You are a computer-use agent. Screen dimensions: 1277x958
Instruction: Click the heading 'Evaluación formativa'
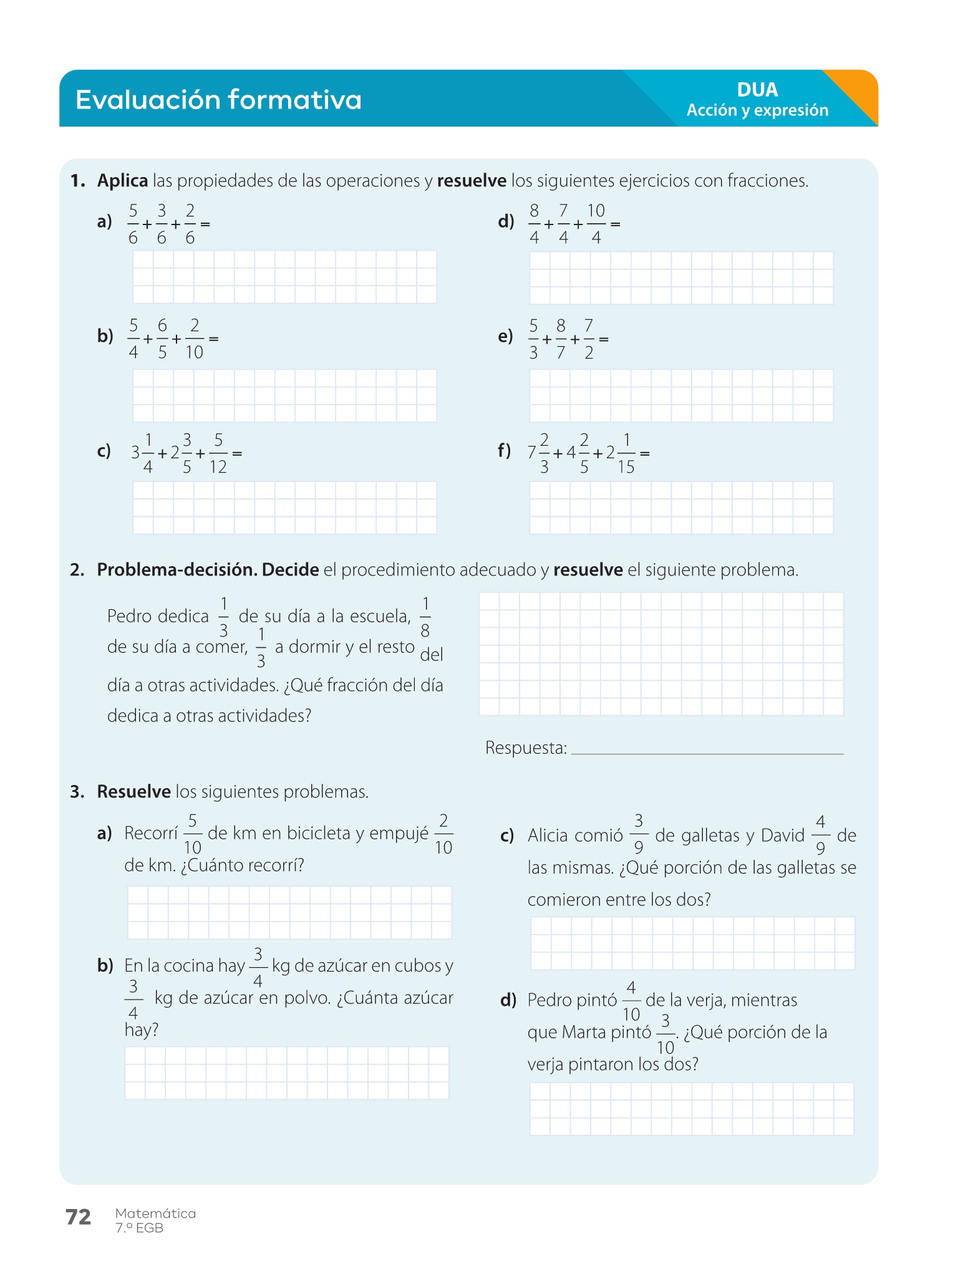point(218,100)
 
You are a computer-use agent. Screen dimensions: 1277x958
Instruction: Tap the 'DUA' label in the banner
point(757,90)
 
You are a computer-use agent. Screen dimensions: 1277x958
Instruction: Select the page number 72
point(79,1217)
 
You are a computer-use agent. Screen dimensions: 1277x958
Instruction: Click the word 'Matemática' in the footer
point(155,1213)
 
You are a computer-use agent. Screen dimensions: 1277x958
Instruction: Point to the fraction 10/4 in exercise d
point(596,224)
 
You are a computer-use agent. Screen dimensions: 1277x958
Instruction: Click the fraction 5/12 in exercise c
point(218,453)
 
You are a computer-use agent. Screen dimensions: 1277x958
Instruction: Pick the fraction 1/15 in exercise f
point(626,453)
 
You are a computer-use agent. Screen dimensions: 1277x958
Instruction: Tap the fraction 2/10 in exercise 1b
point(194,339)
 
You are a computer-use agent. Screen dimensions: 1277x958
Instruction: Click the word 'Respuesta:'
point(526,748)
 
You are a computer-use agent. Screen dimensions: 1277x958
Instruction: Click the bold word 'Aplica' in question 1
point(122,181)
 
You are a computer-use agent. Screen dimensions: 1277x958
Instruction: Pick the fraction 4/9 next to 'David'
point(820,836)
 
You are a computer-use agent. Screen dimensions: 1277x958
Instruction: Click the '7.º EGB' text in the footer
point(139,1228)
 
